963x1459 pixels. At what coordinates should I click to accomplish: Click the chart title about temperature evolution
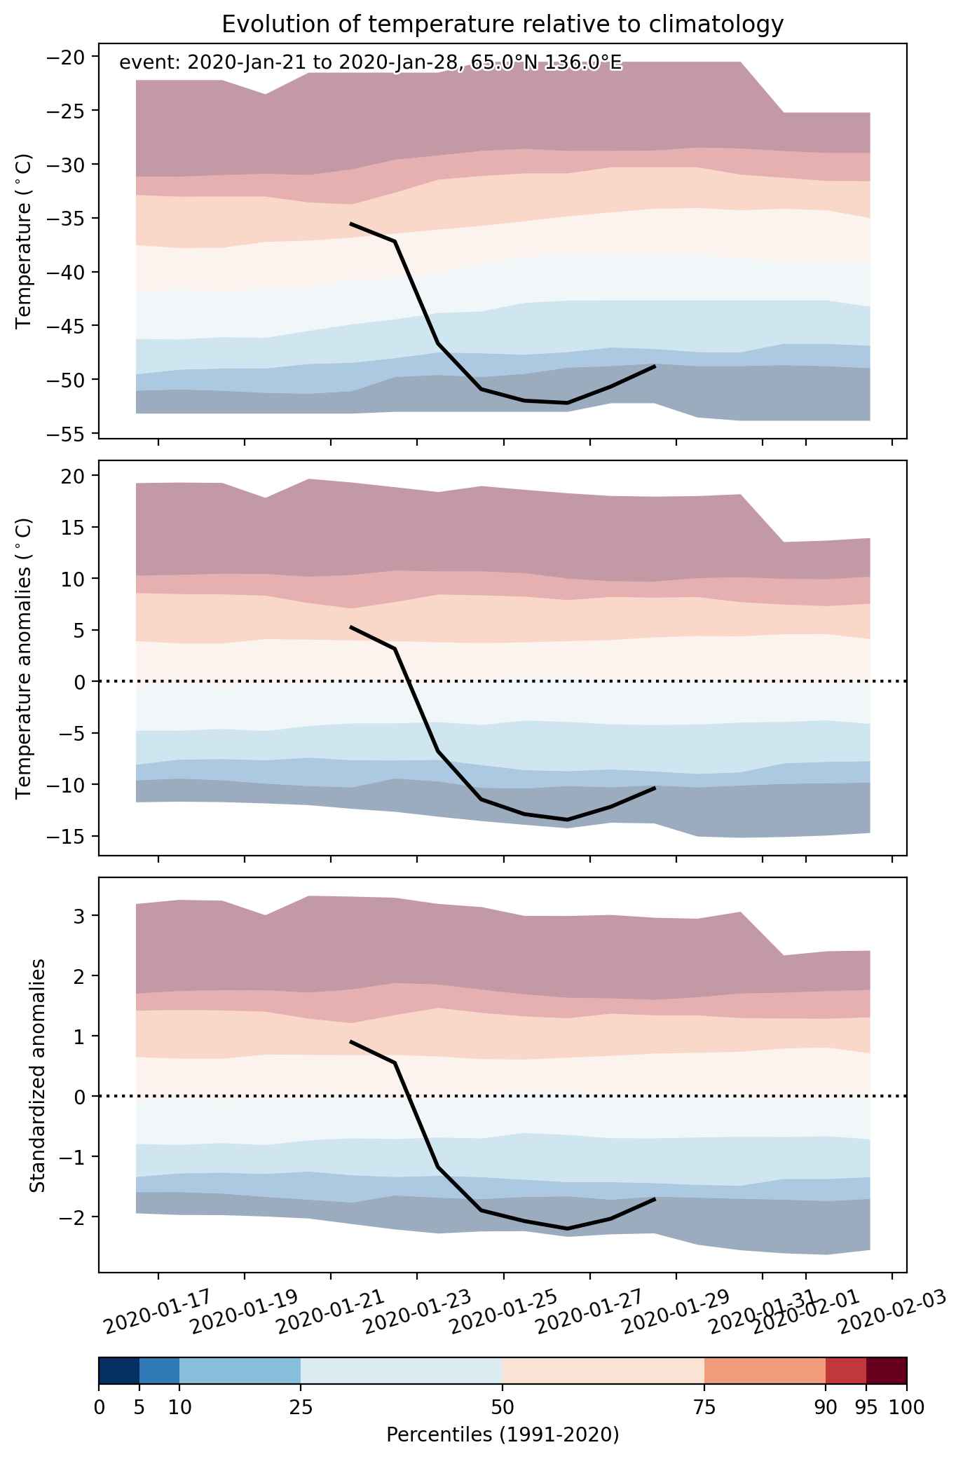tap(503, 25)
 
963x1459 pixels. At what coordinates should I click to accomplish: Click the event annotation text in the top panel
tap(371, 63)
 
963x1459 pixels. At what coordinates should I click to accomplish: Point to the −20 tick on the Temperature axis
tap(66, 57)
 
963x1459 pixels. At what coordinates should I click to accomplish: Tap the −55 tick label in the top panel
tap(66, 434)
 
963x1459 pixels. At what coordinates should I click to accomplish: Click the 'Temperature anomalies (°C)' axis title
tap(24, 658)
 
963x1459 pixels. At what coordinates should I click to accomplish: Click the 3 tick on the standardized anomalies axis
tap(81, 916)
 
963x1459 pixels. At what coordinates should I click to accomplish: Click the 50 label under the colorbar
tap(503, 1406)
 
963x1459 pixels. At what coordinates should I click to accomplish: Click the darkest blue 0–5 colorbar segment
tap(119, 1371)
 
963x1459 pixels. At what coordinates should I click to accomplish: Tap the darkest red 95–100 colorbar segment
tap(887, 1371)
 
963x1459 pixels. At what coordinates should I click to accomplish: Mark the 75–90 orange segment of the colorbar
tap(765, 1371)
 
